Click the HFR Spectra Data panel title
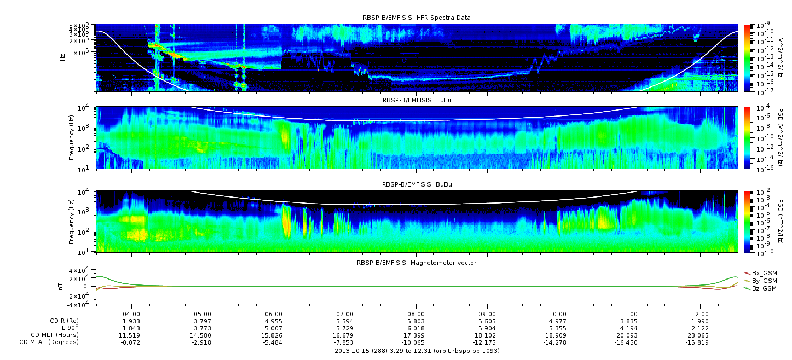(x=417, y=18)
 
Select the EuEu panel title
(x=417, y=100)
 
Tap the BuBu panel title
(x=417, y=184)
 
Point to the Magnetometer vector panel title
(x=417, y=263)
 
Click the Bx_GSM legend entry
(x=761, y=273)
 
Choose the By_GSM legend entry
(x=761, y=281)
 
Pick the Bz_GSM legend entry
(x=761, y=289)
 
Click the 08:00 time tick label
(x=416, y=314)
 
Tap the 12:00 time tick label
(x=700, y=314)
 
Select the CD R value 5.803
(x=416, y=322)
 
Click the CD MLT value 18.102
(x=487, y=335)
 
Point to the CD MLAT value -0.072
(x=131, y=342)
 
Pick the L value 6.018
(x=416, y=329)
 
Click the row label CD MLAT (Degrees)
(x=49, y=342)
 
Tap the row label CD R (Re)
(x=65, y=321)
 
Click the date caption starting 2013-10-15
(x=417, y=351)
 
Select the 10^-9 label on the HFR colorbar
(x=762, y=25)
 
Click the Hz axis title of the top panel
(x=63, y=57)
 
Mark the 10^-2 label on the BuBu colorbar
(x=762, y=192)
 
